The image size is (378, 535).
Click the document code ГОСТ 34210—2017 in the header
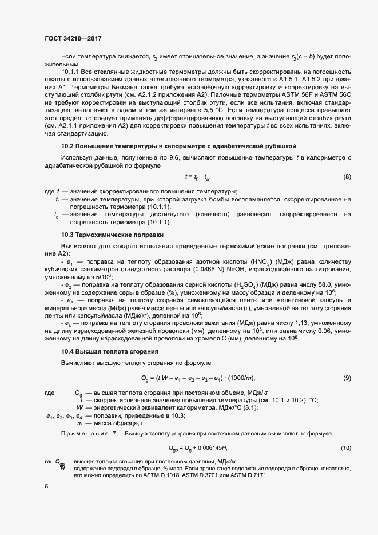click(x=73, y=38)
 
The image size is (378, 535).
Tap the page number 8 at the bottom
click(x=46, y=486)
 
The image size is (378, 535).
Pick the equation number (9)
click(x=347, y=378)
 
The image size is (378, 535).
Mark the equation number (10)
click(x=345, y=447)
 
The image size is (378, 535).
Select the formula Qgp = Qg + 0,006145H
click(x=202, y=447)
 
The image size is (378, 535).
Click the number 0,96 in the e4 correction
click(x=327, y=331)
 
